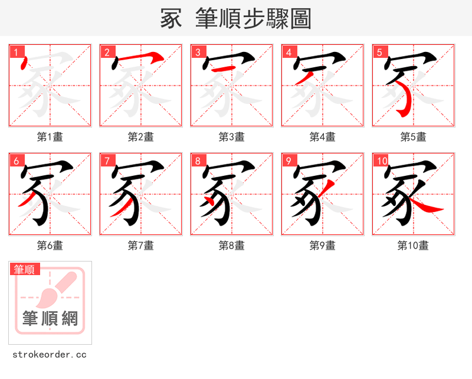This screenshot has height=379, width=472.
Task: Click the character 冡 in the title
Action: [171, 19]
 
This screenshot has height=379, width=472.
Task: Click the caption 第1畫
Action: [50, 137]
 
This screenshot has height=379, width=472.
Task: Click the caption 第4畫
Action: [323, 137]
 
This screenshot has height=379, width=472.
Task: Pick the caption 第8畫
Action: [232, 246]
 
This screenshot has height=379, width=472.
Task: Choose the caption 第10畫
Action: [414, 246]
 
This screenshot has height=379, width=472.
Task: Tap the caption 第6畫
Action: [50, 246]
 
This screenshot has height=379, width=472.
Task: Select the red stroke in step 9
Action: [329, 189]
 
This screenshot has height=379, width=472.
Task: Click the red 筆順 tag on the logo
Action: [25, 269]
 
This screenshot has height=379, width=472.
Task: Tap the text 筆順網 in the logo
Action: [50, 319]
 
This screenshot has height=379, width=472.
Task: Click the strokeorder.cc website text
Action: [50, 355]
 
